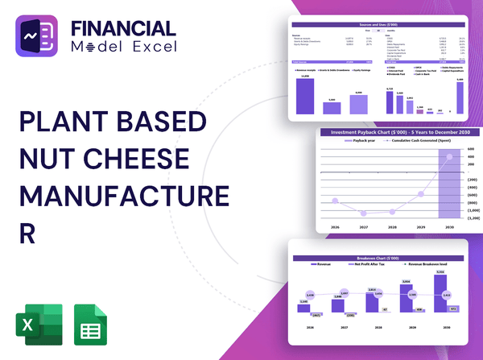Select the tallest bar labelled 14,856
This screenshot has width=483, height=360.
pos(306,95)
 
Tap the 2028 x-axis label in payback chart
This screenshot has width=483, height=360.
pos(392,228)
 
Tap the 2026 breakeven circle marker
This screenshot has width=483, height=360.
pos(311,296)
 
